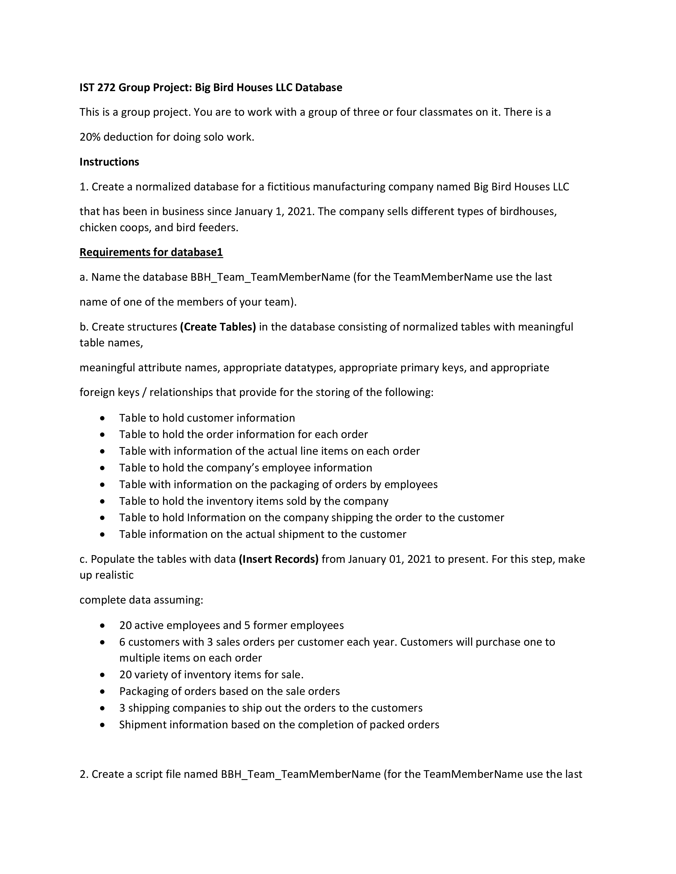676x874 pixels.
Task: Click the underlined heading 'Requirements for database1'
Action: [x=151, y=252]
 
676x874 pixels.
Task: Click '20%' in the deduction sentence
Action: [x=90, y=137]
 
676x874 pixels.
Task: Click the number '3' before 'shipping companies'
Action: [x=122, y=708]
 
